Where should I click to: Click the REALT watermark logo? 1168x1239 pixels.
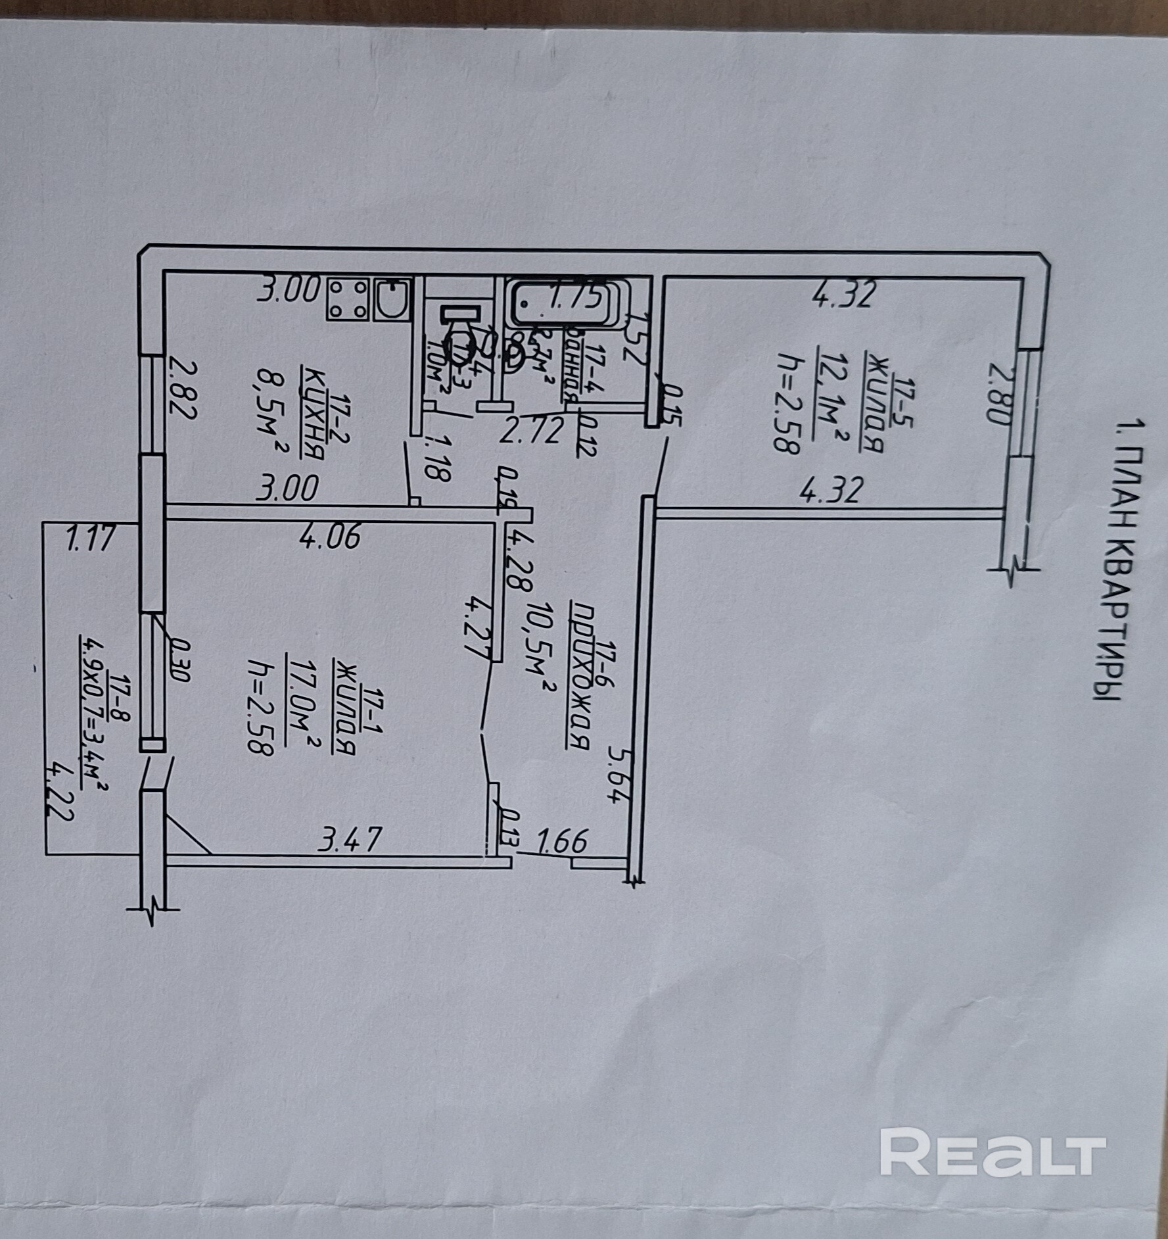pos(993,1094)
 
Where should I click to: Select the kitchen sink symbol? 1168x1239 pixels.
pos(392,301)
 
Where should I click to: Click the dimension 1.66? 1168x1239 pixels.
pos(561,841)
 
